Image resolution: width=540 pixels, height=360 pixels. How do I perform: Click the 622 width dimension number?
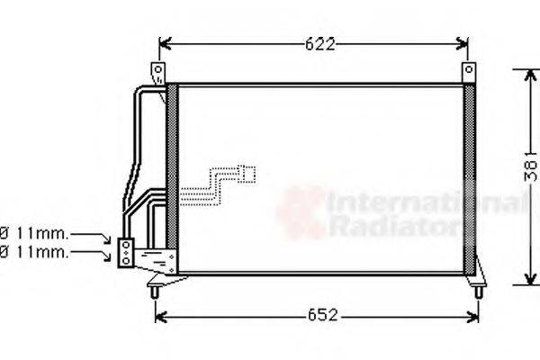coord(314,44)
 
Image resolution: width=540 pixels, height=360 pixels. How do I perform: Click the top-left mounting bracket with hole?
coord(159,72)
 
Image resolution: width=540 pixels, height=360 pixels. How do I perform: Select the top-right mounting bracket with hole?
coord(468,72)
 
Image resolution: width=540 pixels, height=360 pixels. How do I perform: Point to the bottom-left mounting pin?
coord(157,289)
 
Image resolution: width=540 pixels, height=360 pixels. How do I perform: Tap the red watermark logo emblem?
coord(302,212)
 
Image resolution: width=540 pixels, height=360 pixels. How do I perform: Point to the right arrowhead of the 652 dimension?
coord(473,316)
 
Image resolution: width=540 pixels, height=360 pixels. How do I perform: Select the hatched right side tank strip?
coord(468,180)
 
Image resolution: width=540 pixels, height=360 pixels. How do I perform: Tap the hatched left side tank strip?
coord(173,180)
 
